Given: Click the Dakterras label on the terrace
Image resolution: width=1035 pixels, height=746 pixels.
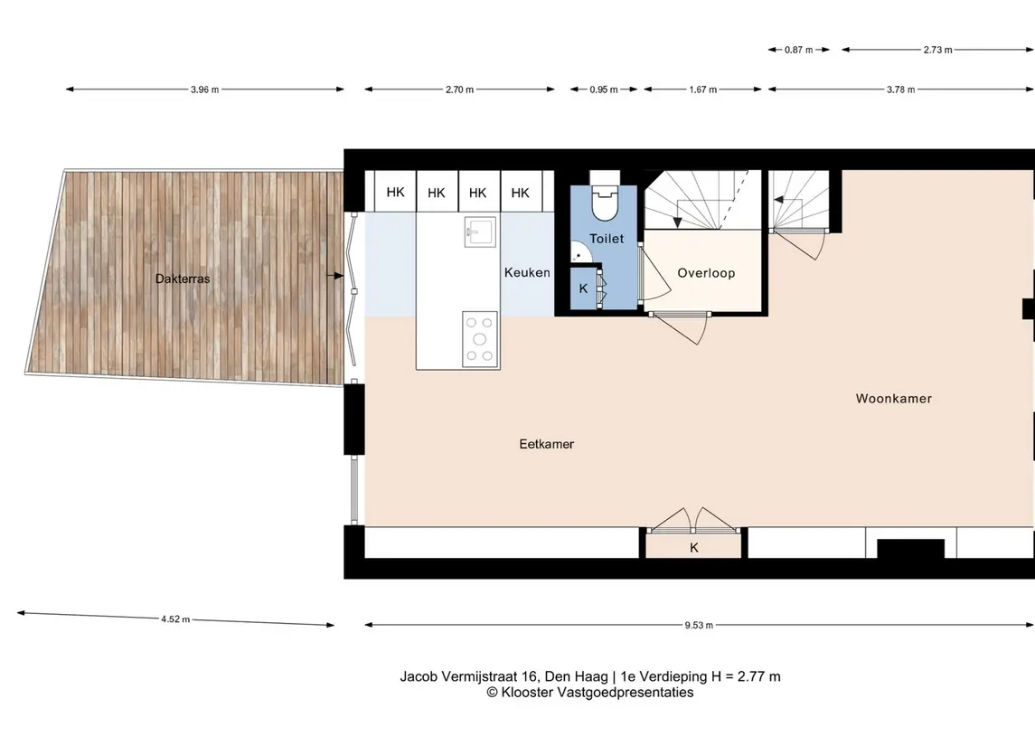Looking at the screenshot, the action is pos(183,279).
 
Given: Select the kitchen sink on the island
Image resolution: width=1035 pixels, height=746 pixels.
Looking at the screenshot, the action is pos(480,231).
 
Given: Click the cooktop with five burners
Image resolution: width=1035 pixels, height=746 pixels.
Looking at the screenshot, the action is pos(480,339).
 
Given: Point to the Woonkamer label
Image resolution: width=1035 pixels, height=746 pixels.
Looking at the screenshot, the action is pos(894,398).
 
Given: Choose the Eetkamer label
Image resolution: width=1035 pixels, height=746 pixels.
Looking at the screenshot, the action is pos(547,444).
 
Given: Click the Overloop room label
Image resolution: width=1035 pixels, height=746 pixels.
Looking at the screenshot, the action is pos(706,273).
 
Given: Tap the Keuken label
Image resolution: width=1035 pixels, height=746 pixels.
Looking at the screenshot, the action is pos(527,272).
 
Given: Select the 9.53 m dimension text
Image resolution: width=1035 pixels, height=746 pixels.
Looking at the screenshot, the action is pos(699,625).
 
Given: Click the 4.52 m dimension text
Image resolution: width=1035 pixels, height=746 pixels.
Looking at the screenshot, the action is pos(175,619).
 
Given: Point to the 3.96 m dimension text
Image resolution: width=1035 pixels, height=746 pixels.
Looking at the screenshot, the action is pos(204,90).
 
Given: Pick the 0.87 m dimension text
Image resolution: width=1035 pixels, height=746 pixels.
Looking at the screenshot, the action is pos(799,50).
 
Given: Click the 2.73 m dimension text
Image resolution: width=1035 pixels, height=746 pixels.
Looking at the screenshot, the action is pos(938,50).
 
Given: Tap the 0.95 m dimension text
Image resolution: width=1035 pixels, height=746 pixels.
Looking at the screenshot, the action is pos(604,90).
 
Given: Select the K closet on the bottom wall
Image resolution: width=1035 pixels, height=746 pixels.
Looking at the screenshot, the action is pos(693,545).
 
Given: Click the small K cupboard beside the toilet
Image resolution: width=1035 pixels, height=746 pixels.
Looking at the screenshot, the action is pos(584,288).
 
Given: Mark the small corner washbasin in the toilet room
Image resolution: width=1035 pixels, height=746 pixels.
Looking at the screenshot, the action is pos(579,253).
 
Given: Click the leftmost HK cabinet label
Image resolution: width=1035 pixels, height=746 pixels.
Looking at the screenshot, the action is pos(395,192).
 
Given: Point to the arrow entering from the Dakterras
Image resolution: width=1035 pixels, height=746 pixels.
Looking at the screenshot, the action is pos(336,275).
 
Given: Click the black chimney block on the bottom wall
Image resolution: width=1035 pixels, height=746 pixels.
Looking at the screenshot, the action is pos(911,549).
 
